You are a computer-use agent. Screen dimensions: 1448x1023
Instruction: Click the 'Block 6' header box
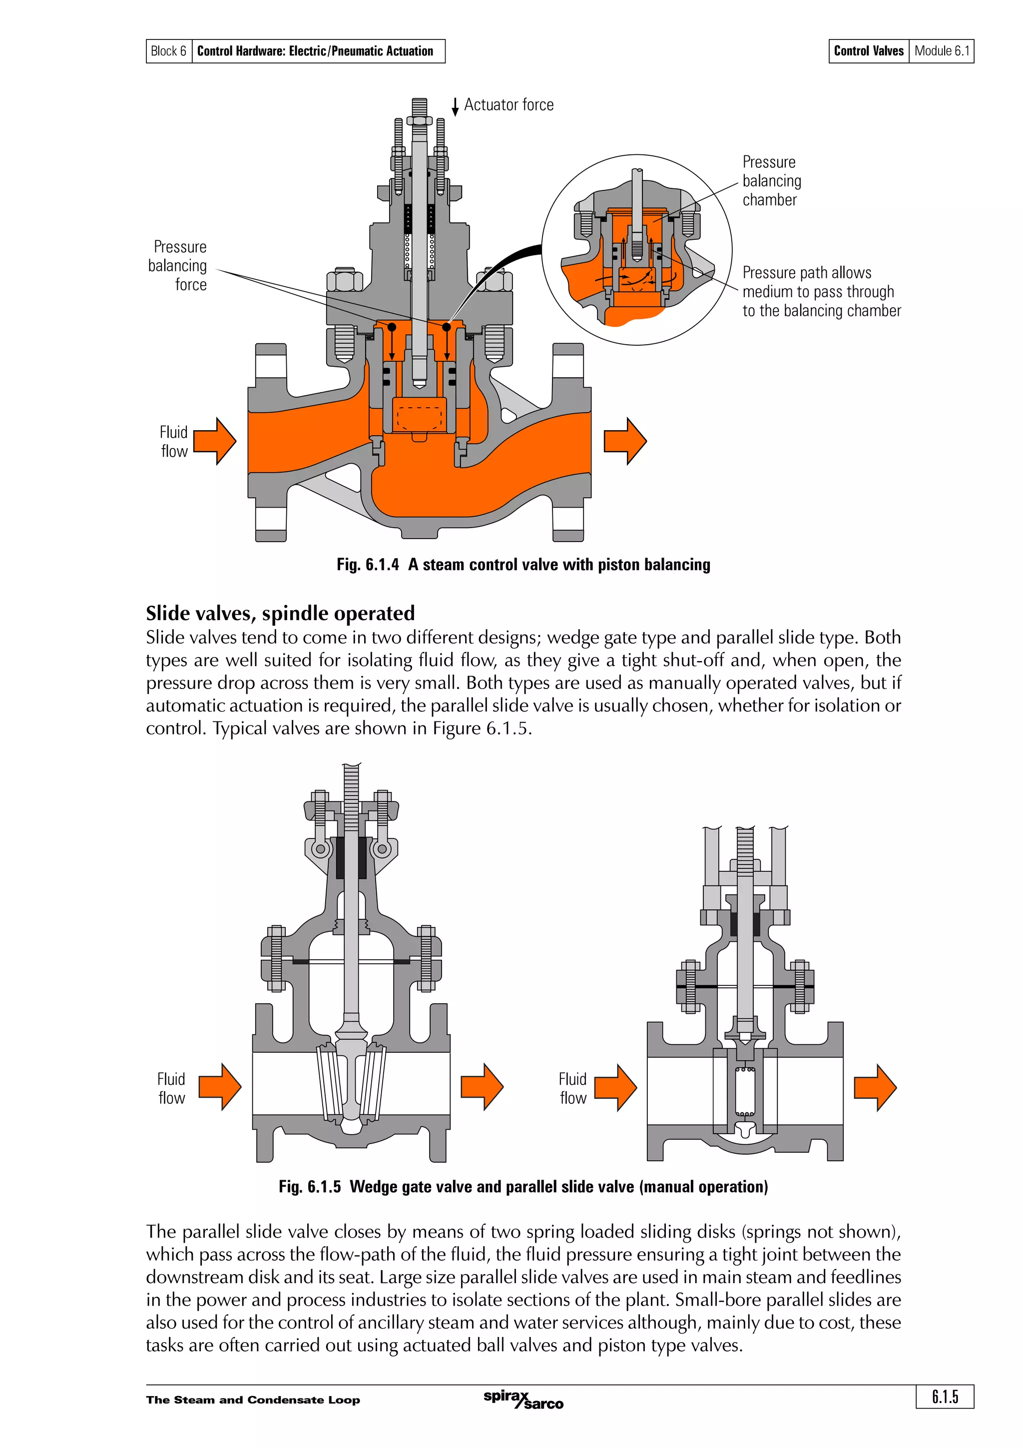(x=168, y=51)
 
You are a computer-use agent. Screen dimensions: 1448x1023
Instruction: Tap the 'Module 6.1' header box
(x=941, y=51)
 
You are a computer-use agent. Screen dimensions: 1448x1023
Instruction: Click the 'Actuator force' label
(x=509, y=105)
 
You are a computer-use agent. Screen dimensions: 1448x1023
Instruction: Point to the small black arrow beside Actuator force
(x=455, y=107)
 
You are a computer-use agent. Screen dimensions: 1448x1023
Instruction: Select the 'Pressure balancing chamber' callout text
(x=772, y=181)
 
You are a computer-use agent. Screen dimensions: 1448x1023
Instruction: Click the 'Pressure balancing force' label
(x=178, y=265)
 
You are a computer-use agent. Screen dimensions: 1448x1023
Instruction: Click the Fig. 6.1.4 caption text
(x=523, y=565)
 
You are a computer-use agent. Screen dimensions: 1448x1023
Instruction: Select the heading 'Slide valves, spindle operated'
(x=281, y=613)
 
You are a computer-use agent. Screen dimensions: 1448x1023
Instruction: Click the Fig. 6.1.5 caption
(x=523, y=1187)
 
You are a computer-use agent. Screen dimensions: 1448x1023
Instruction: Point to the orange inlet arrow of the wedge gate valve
(x=220, y=1087)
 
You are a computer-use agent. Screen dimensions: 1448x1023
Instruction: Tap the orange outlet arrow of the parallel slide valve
(x=875, y=1087)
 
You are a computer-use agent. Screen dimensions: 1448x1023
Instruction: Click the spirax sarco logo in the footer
(x=523, y=1400)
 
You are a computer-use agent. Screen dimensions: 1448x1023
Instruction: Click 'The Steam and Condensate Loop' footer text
(x=253, y=1400)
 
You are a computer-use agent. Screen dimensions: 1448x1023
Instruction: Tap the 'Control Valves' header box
(x=869, y=51)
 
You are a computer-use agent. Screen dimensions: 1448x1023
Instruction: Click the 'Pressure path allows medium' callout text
(x=821, y=291)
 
